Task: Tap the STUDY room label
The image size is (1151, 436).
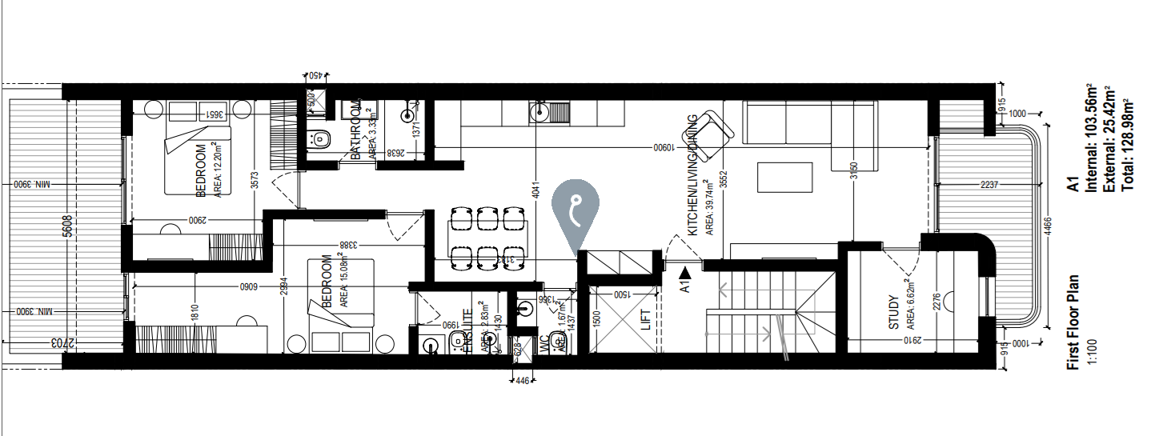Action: [893, 312]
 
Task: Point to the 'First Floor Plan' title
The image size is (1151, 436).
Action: [1073, 322]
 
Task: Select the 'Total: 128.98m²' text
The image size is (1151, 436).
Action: [1128, 142]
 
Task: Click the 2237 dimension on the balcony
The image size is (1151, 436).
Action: [987, 186]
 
